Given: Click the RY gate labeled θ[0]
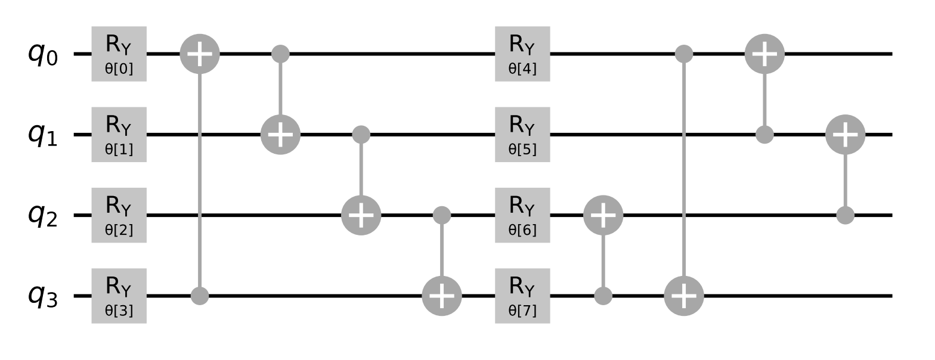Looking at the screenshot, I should click(x=119, y=54).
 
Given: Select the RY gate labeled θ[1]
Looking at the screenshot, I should click(x=119, y=135).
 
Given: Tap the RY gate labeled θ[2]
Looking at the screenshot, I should click(x=119, y=215).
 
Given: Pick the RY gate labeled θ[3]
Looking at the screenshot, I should click(x=119, y=296).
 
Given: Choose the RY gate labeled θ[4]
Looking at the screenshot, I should click(x=522, y=54).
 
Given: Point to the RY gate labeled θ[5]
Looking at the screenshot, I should click(x=522, y=135).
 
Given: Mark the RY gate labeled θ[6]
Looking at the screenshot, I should click(x=522, y=215).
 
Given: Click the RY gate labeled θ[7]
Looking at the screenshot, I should click(x=522, y=296).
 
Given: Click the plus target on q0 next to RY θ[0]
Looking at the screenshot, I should click(x=200, y=54).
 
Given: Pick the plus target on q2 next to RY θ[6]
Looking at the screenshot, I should click(x=603, y=215).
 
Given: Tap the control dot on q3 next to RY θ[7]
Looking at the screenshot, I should click(x=603, y=296).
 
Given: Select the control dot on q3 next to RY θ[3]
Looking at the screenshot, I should click(x=200, y=296).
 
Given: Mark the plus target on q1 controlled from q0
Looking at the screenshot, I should click(x=280, y=135).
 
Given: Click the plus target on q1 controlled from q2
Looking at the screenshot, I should click(x=845, y=135).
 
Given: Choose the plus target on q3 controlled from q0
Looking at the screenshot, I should click(x=684, y=296).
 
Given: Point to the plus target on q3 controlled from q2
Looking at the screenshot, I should click(x=441, y=296).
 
